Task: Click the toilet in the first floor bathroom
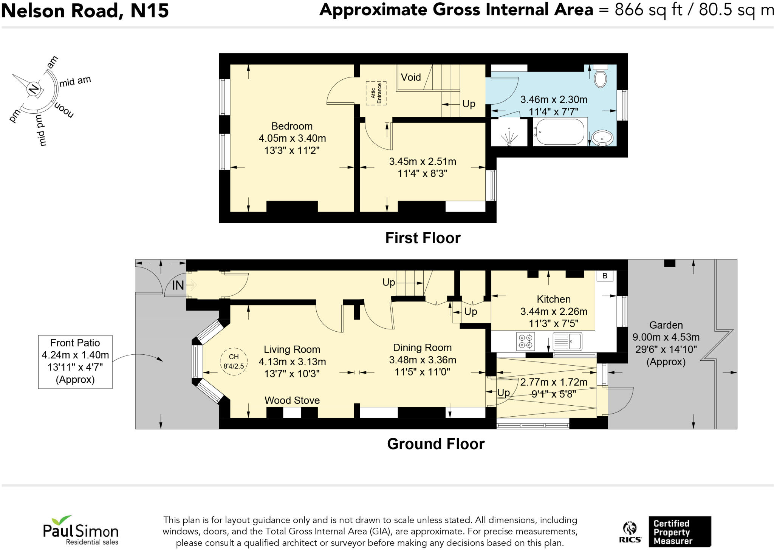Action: [600, 76]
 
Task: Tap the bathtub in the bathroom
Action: [559, 132]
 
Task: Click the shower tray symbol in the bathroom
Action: [509, 132]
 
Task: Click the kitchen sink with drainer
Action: [567, 341]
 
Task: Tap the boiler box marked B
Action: [605, 276]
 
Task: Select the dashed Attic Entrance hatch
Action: [376, 93]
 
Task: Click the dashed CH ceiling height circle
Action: [234, 362]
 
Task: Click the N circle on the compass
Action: [33, 89]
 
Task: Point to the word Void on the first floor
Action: [411, 77]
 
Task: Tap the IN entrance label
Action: [178, 285]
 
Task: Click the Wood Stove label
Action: [292, 400]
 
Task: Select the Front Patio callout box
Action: [75, 362]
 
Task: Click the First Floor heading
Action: [423, 238]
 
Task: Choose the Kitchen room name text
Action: [554, 299]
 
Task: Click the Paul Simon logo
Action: [80, 530]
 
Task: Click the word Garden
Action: [666, 325]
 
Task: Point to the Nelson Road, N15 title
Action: [85, 11]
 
